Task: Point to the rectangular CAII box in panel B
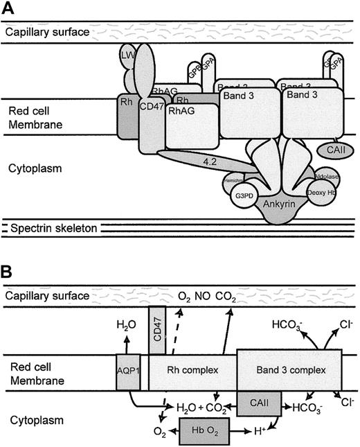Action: (x=260, y=403)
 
